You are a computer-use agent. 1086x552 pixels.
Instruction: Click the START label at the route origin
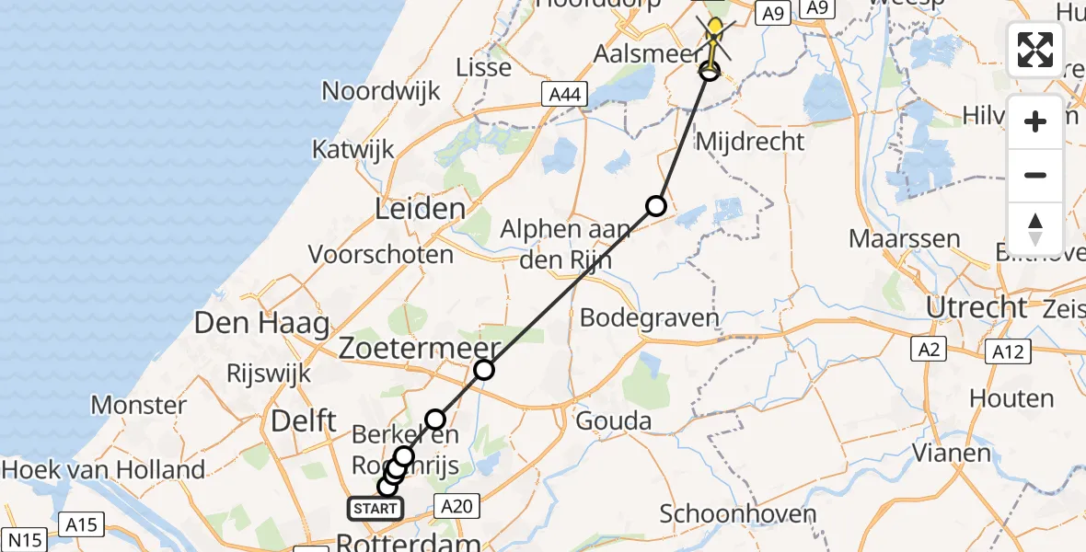tap(375, 508)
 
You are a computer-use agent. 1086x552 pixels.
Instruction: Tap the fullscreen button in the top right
tap(1035, 50)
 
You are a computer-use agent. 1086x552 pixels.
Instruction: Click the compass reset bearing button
tap(1035, 229)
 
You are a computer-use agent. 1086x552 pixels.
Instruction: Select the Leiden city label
tap(420, 209)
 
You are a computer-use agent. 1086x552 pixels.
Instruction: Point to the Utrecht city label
tap(976, 307)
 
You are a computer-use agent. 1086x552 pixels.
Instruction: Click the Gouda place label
tap(614, 422)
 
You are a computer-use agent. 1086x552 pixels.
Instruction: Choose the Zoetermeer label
tap(420, 349)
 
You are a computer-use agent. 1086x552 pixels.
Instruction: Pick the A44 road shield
tap(563, 93)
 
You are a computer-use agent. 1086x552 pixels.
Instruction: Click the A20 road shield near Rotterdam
tap(457, 505)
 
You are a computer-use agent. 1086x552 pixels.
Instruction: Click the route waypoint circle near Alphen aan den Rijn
tap(655, 206)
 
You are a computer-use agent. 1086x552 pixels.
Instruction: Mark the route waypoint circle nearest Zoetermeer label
tap(484, 370)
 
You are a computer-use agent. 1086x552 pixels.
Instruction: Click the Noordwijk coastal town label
tap(381, 91)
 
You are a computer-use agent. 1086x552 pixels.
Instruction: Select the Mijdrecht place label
tap(750, 142)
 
